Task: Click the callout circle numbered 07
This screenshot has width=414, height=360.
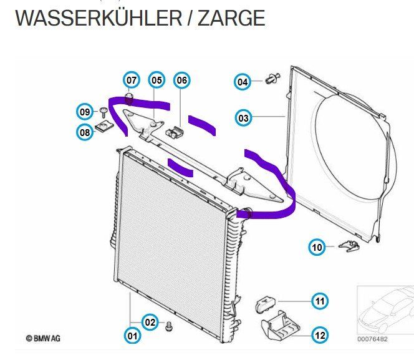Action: coord(132,80)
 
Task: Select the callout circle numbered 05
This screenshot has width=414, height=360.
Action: coord(156,80)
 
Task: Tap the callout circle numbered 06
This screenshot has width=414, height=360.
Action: coord(181,80)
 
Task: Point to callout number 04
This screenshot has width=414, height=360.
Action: coord(243,81)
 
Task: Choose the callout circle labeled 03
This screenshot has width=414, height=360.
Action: coord(243,117)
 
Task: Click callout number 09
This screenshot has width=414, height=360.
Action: coord(85,112)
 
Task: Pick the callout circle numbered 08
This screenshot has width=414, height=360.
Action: coord(85,132)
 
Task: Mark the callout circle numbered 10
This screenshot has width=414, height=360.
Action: coord(318,248)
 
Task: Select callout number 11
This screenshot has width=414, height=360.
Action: coord(319,302)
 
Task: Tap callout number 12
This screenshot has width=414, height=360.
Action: coord(319,335)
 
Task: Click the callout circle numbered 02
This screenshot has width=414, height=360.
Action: coord(150,322)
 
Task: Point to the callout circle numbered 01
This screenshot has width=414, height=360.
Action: coord(132,336)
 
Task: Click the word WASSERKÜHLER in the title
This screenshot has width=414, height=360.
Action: coord(94,18)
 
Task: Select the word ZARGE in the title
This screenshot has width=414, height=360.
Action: coord(231,18)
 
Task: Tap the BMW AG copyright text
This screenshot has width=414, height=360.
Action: coord(43,338)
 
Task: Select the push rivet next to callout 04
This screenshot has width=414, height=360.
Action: coord(272,79)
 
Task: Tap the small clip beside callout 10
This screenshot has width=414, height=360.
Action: coord(350,246)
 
